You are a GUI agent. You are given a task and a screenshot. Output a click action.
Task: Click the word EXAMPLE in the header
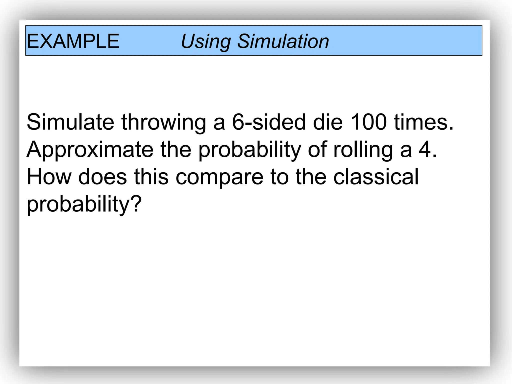[73, 41]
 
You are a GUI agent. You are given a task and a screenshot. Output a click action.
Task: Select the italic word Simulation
[283, 41]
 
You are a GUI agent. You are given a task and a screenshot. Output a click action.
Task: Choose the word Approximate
[90, 150]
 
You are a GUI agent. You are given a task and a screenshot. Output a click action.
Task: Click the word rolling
[363, 150]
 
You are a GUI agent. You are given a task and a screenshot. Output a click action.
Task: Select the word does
[102, 177]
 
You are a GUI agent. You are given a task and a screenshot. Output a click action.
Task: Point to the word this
[151, 177]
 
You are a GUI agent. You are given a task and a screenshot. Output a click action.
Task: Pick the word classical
[376, 177]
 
